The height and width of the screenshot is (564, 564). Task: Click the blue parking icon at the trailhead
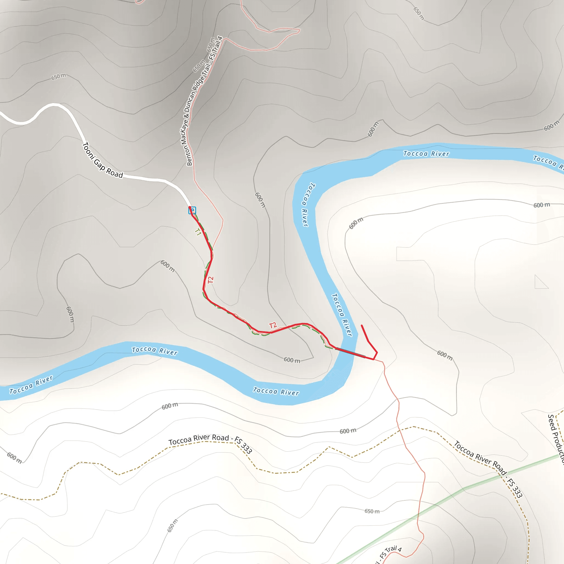(192, 210)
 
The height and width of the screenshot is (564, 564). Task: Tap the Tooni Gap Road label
(102, 160)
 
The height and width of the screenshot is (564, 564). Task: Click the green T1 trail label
(198, 232)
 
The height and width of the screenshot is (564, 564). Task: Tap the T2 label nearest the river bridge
(273, 326)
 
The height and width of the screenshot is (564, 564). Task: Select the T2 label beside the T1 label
(211, 280)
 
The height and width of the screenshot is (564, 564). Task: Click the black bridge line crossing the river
(350, 352)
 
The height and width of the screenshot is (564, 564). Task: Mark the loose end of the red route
(362, 325)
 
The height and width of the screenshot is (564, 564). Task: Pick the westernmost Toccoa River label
(31, 385)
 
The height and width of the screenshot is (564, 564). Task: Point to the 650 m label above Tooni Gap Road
(59, 77)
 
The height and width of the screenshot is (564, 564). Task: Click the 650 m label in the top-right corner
(419, 13)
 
